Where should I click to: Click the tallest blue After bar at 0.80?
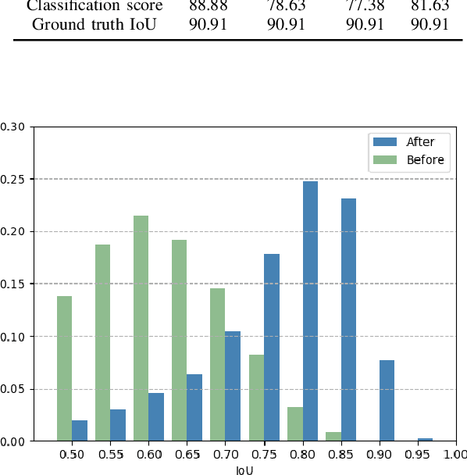pos(310,311)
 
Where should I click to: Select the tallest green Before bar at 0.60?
pos(141,328)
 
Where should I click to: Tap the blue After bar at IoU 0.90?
pos(387,400)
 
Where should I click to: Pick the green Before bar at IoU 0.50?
pos(64,368)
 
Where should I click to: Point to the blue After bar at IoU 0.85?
pos(348,320)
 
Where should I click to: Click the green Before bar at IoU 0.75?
pos(256,398)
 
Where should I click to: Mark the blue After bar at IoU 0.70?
pos(233,386)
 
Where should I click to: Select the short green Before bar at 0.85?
pos(333,437)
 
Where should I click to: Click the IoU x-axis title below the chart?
pos(244,470)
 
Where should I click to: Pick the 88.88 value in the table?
pos(209,6)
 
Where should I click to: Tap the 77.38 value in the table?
pos(365,6)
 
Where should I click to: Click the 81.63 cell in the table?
pos(430,6)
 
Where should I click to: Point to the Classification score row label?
pos(94,6)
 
